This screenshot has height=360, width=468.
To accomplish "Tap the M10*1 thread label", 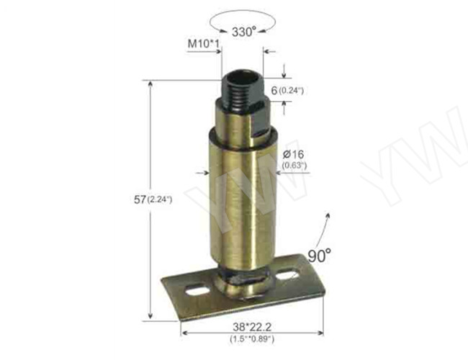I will point(203,45).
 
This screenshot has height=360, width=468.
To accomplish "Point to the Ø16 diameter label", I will point(294,154).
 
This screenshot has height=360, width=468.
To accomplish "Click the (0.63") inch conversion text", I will point(294,166).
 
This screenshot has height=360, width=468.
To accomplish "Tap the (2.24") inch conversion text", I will point(159,199).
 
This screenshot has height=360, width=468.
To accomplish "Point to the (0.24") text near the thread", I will point(292,90).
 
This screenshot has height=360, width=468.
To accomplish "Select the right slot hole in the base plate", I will point(288,275).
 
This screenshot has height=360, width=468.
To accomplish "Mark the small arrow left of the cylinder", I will point(202,172).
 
